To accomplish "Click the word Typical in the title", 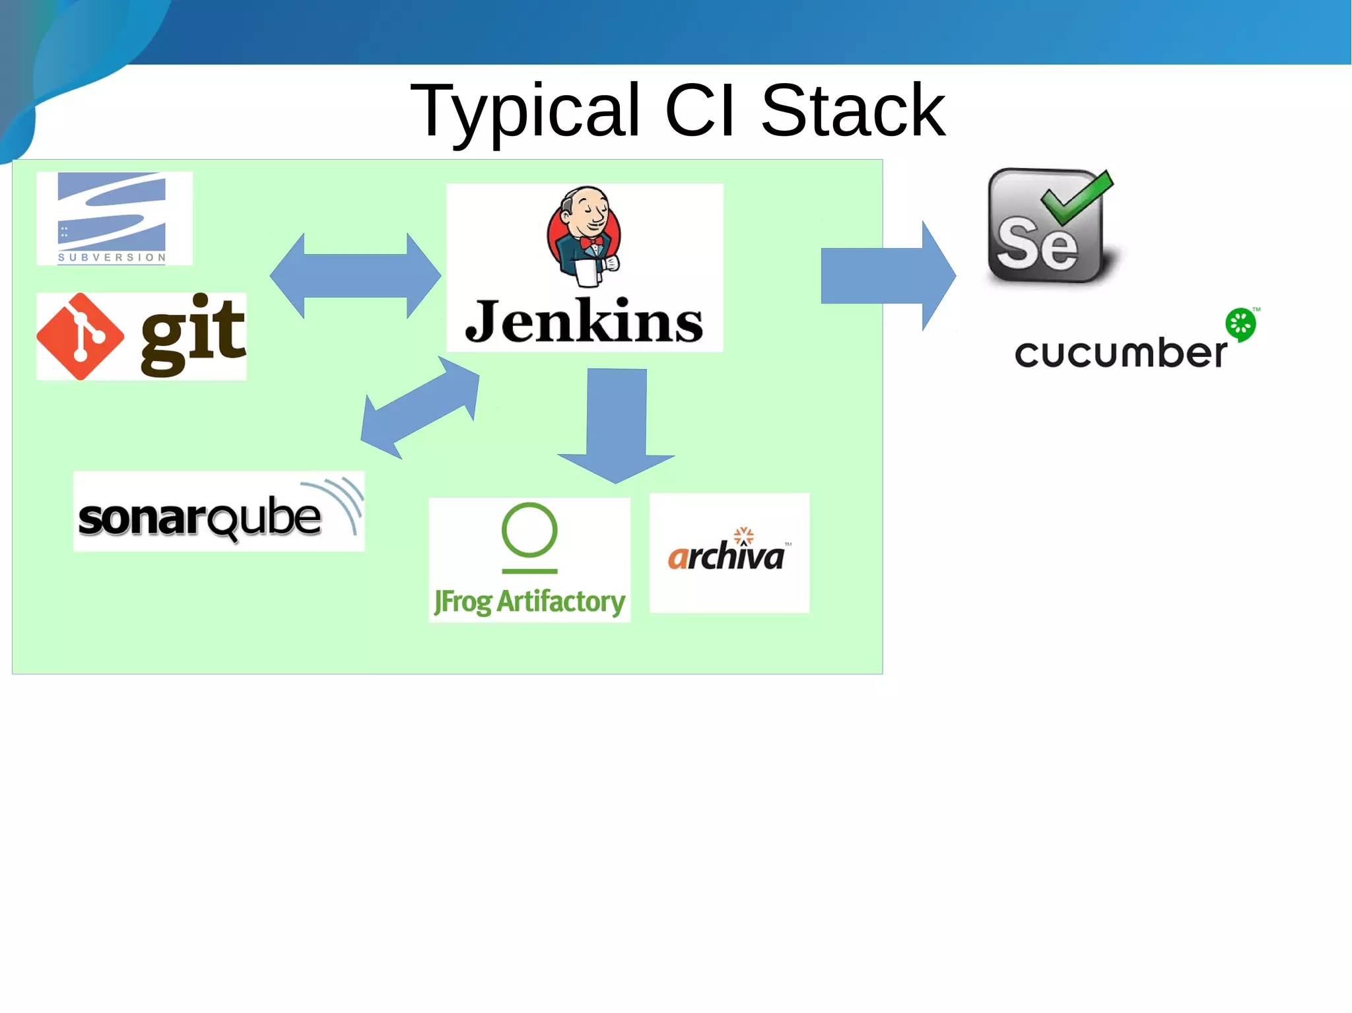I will pos(525,111).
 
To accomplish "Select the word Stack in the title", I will pos(853,111).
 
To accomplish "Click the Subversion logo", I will pos(114,218).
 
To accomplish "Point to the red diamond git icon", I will pos(80,337).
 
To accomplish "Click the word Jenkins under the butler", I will pos(584,322).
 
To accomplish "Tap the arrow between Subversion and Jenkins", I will pos(355,276).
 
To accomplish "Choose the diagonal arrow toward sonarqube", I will pos(421,407).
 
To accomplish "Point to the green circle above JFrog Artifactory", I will pos(529,531).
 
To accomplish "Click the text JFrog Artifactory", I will pos(529,601).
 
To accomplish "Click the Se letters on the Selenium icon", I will pos(1036,244).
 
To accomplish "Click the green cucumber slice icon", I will pos(1240,324).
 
